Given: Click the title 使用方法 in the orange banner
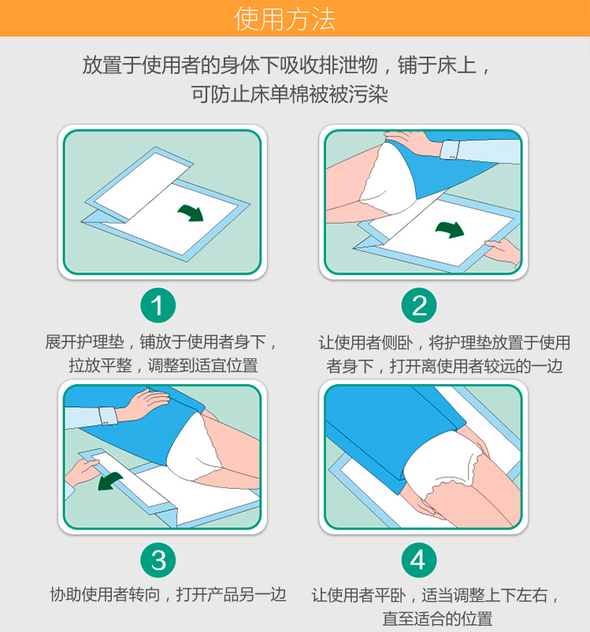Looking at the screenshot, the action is coord(284,19).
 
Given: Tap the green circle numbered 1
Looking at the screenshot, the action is coord(158,305).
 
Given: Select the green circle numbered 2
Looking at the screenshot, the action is coord(419,305).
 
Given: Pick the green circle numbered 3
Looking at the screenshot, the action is coord(158,560).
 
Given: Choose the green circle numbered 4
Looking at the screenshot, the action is coord(419,560).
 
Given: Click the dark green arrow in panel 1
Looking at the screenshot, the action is coord(191,213).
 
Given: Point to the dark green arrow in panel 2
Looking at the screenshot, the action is coord(451,229).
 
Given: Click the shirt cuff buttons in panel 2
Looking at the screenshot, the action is coord(451,157).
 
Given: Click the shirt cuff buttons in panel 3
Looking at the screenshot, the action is coord(106,423).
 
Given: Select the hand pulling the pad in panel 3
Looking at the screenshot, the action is coord(82,472).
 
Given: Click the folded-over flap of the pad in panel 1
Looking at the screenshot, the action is coord(139,183).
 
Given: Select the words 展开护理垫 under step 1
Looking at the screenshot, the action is coord(85,342).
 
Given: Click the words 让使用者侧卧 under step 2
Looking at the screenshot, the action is coord(366,343).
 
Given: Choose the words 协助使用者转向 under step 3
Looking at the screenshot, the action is coord(106,594).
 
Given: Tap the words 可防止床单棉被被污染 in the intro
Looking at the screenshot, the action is coord(289,94).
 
